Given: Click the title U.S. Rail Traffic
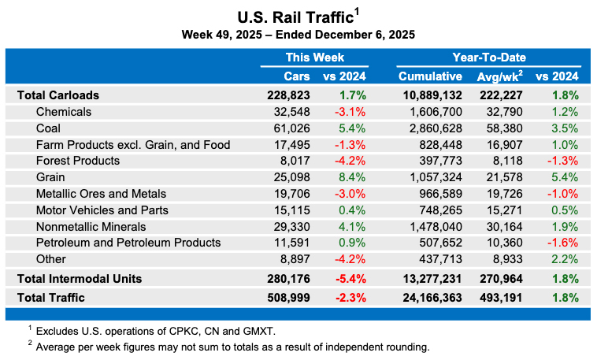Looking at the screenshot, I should pos(294,17).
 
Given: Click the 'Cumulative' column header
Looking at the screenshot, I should pos(430,76).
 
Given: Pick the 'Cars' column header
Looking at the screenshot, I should pos(296,76).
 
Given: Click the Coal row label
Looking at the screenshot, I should pos(48,128).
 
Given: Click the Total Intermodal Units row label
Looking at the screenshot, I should pos(79,279).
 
